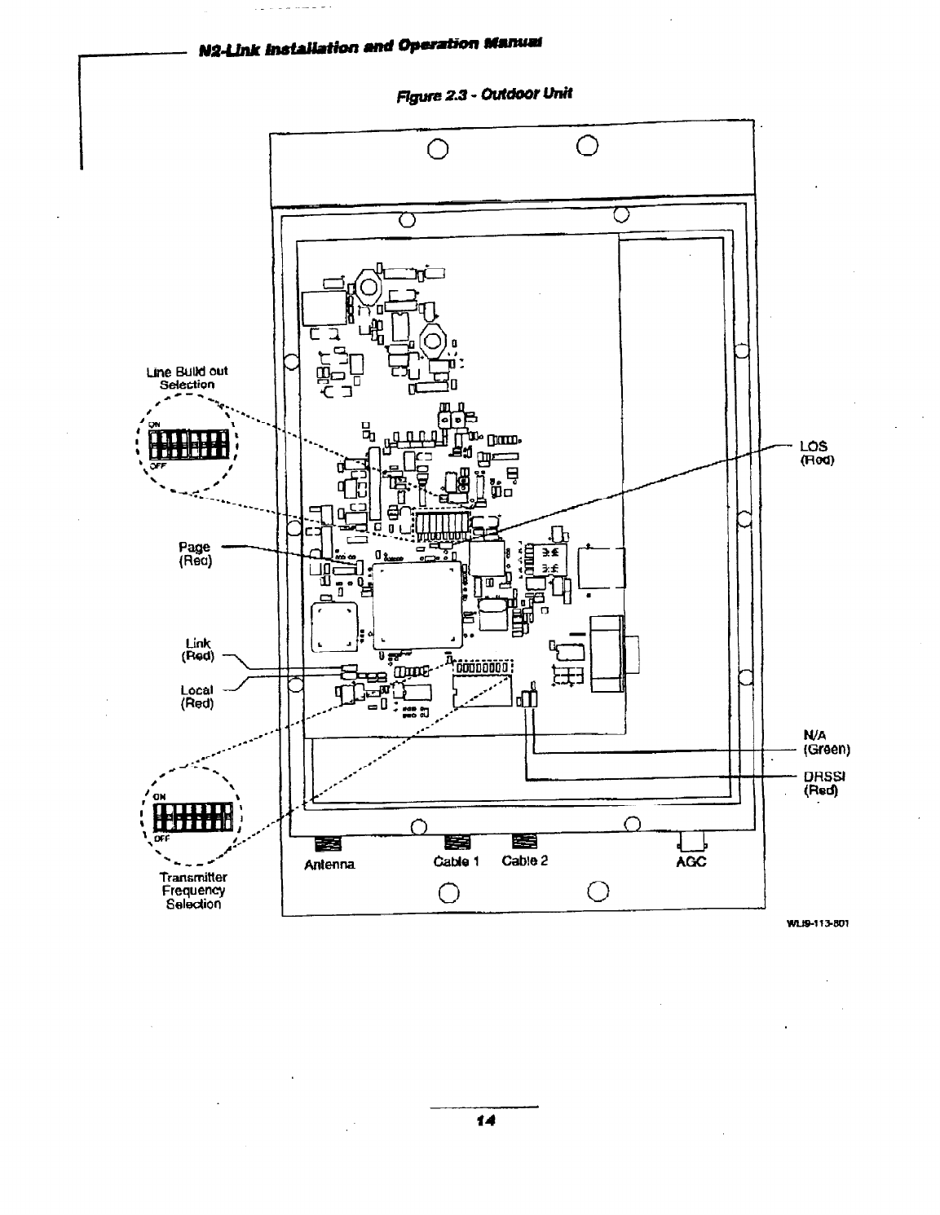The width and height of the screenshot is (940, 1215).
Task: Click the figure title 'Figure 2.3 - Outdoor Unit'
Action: [483, 93]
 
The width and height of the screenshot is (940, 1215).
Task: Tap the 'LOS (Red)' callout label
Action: [814, 452]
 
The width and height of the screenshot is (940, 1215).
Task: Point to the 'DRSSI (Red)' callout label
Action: [822, 783]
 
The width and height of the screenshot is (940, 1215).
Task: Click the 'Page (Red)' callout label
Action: [196, 553]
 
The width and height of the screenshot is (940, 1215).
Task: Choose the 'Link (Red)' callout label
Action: [196, 649]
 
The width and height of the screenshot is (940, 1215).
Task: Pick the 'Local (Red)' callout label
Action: [196, 697]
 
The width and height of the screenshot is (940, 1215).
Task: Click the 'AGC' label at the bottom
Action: [690, 864]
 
